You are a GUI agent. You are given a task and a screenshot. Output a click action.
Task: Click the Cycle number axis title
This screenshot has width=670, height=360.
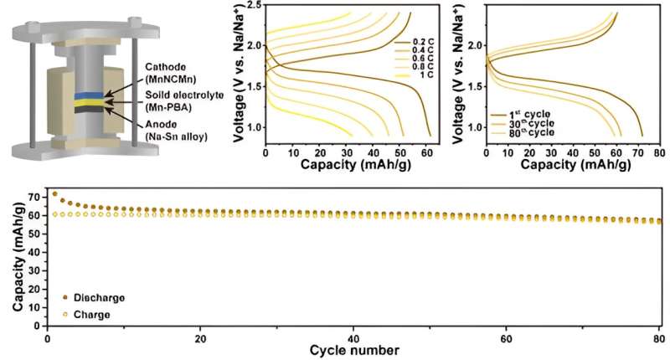[x=353, y=348]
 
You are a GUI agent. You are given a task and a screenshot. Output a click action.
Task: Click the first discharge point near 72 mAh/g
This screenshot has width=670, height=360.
[x=55, y=193]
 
